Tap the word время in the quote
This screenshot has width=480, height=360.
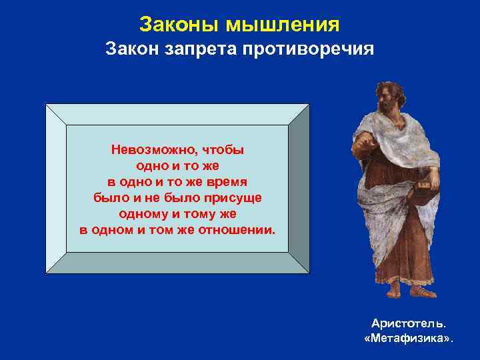point(226,182)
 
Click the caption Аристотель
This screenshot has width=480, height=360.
point(409,323)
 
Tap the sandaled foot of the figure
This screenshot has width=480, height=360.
point(423,291)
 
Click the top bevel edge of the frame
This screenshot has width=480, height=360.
point(177,114)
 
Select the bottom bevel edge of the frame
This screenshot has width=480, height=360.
point(177,263)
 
